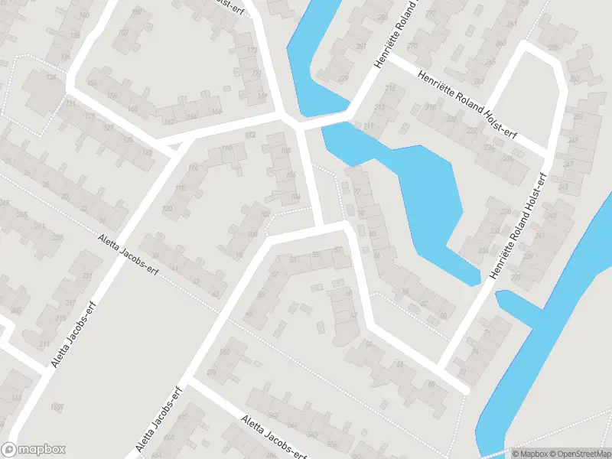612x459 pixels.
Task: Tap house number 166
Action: coord(216,112)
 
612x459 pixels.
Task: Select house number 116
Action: coord(193,168)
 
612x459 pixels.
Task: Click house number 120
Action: coord(168,208)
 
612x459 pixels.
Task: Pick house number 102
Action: coord(265,215)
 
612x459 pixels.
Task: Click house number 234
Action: coord(482,250)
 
